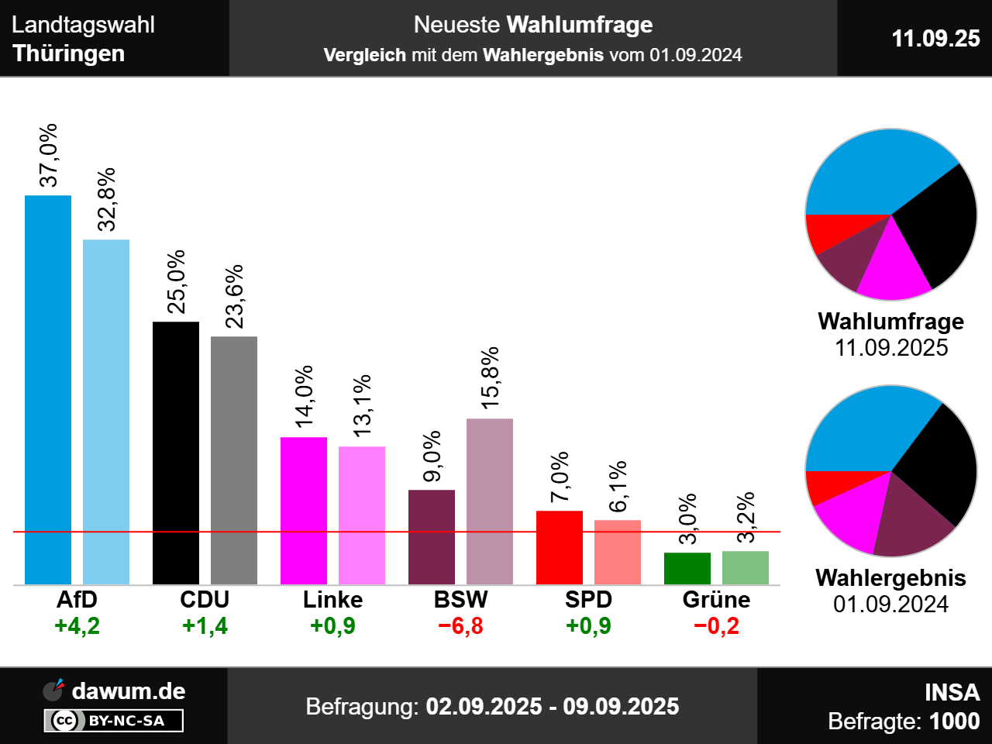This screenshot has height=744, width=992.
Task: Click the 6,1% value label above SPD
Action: click(618, 487)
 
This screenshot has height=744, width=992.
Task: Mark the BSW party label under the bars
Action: click(461, 599)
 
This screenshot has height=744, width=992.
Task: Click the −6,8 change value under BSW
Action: click(461, 625)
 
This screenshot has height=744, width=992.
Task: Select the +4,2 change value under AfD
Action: click(77, 625)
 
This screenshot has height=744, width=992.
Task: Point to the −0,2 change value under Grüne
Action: click(716, 625)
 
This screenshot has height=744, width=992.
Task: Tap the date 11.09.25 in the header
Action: click(935, 38)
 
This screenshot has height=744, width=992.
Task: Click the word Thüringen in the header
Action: click(69, 53)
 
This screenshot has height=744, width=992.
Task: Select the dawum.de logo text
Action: click(129, 691)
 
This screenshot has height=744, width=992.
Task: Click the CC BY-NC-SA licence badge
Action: click(114, 721)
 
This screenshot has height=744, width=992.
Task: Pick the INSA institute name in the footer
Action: click(952, 692)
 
